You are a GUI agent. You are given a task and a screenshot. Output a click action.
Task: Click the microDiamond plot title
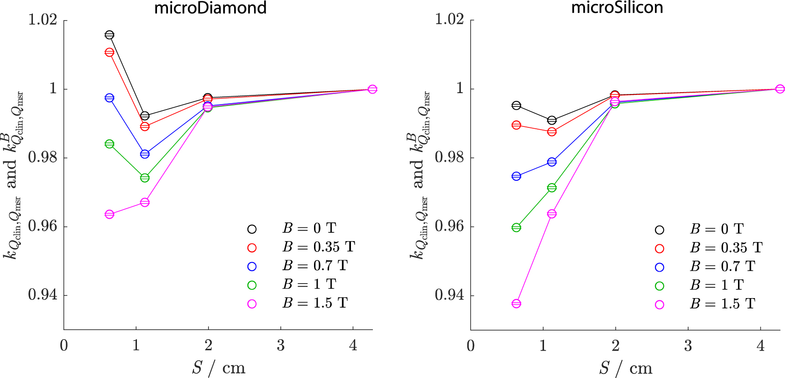(x=210, y=8)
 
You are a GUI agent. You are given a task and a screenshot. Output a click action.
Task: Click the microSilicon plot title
(x=617, y=8)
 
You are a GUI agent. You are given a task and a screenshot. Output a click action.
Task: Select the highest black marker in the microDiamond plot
(x=110, y=35)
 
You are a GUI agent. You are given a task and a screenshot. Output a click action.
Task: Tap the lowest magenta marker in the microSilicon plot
(x=516, y=304)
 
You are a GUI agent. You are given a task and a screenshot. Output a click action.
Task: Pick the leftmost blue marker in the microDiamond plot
(x=110, y=98)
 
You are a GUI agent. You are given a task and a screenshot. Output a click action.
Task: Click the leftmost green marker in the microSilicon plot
(x=516, y=227)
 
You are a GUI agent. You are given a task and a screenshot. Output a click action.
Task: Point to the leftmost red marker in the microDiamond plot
(x=110, y=52)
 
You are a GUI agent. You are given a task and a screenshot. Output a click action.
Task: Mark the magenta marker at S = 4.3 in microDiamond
(x=372, y=89)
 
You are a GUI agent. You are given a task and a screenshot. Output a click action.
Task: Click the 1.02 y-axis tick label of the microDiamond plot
(x=43, y=20)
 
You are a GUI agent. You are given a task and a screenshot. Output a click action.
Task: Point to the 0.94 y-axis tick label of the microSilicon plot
(x=450, y=295)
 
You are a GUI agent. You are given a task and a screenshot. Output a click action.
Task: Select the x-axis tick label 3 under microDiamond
(x=281, y=346)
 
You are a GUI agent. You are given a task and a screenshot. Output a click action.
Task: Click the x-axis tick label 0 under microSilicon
(x=471, y=346)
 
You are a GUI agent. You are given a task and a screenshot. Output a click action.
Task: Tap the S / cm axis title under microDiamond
(x=219, y=367)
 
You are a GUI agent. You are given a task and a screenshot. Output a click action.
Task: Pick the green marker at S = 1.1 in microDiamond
(x=145, y=178)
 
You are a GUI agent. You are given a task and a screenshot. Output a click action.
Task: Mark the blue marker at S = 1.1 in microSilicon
(x=552, y=162)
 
